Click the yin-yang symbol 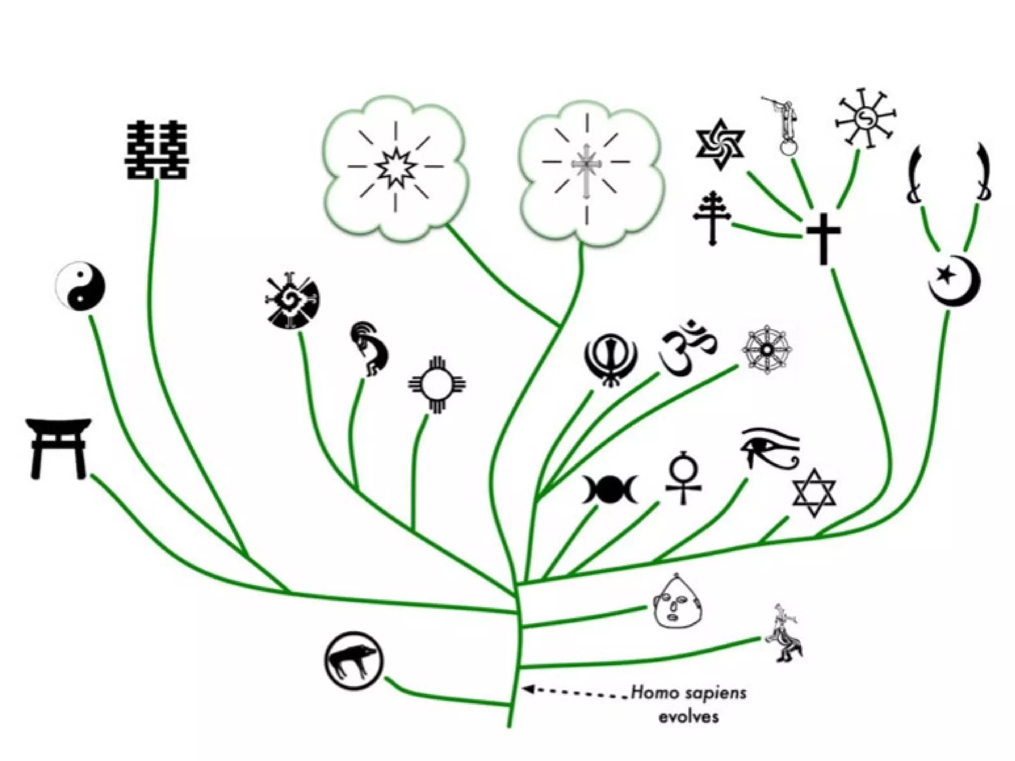[80, 286]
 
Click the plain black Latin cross [823, 238]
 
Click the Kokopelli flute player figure [369, 349]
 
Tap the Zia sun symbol [437, 384]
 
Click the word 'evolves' [688, 716]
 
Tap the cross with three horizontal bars [713, 217]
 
